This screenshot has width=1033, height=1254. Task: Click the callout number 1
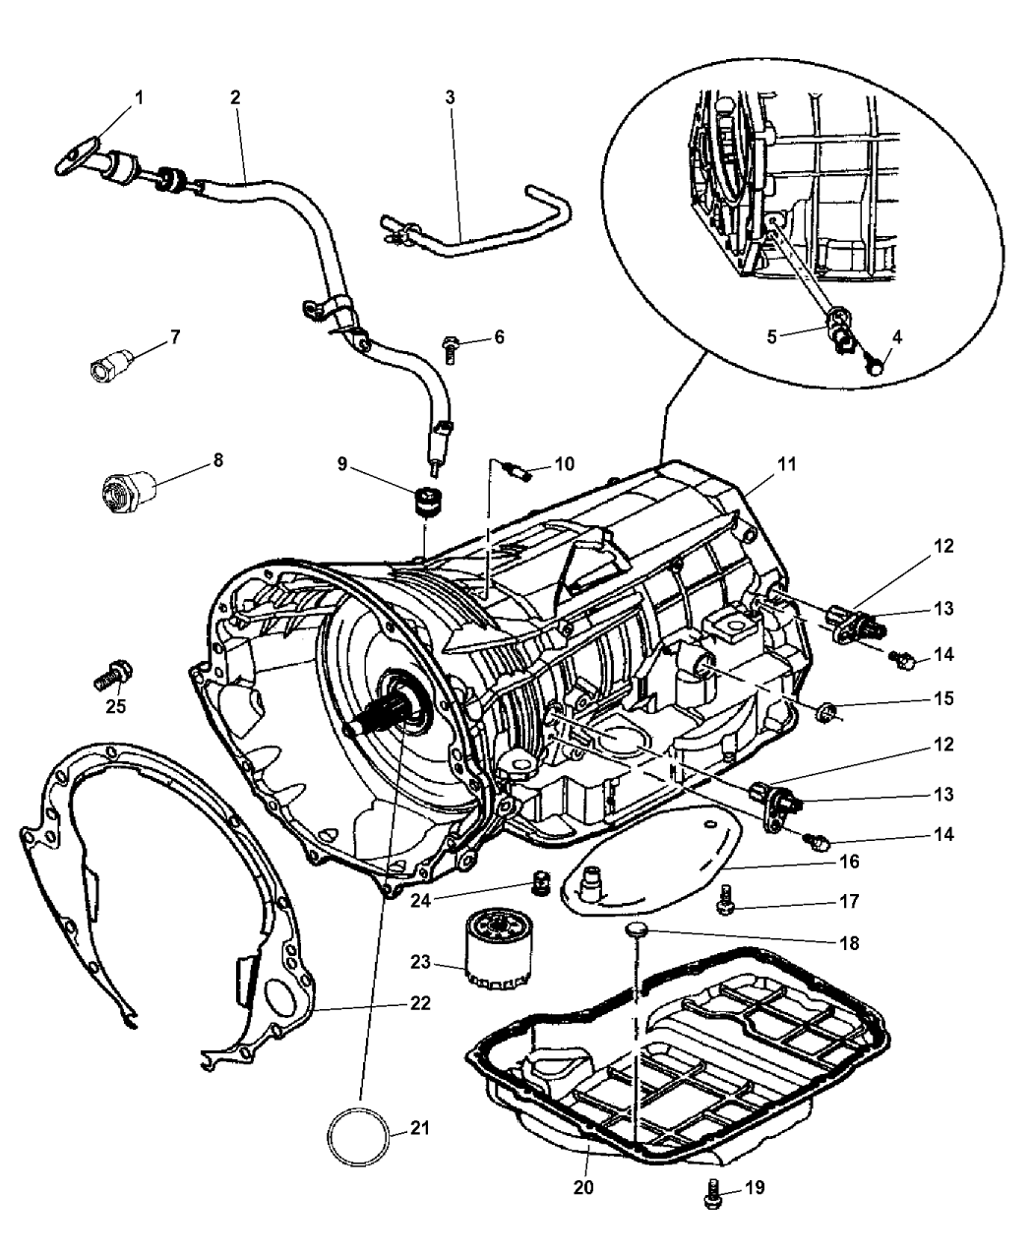(139, 97)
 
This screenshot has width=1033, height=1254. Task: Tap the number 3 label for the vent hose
(450, 98)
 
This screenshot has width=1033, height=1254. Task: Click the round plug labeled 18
(638, 928)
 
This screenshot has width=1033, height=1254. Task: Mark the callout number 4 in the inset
(897, 335)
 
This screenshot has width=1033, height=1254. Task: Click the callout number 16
(848, 863)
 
